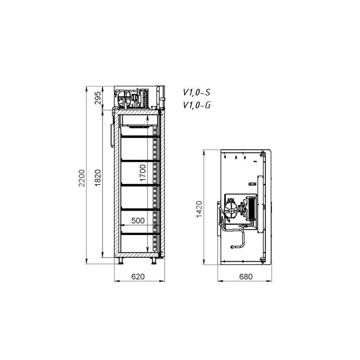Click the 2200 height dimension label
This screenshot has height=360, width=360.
[x=82, y=178]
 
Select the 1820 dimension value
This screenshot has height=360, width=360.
[x=98, y=178]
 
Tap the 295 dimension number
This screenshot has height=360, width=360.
[x=98, y=98]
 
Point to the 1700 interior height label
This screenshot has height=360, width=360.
[x=143, y=173]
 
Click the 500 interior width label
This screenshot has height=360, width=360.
[x=138, y=220]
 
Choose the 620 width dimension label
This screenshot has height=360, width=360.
[x=138, y=276]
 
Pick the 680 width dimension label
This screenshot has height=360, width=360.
[x=246, y=276]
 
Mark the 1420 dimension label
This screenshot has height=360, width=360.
[x=199, y=209]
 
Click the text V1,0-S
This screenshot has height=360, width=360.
[x=197, y=92]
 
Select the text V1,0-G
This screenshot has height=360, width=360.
[x=197, y=105]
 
